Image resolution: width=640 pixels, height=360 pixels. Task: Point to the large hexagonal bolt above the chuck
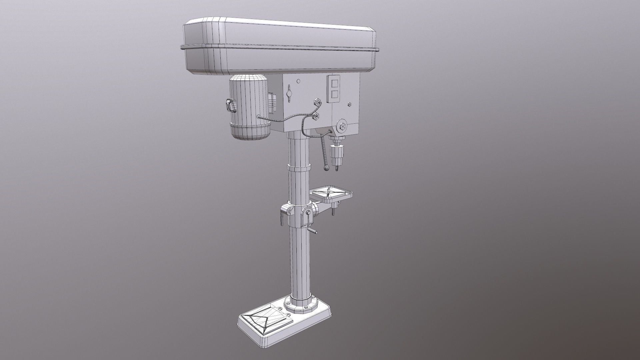coord(342,126)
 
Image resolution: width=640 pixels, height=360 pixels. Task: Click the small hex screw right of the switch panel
coord(349,105)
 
